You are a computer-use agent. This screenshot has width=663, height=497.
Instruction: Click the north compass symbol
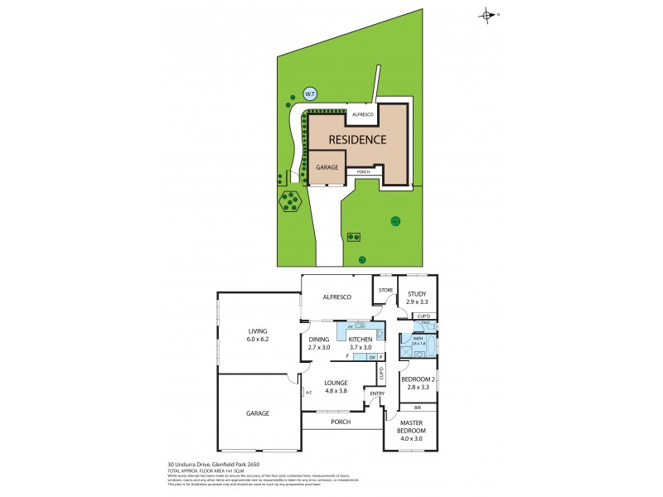[488, 14]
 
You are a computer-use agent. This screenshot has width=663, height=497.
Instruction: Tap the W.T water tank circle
[310, 94]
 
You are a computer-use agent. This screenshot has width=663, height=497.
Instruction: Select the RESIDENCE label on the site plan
[357, 139]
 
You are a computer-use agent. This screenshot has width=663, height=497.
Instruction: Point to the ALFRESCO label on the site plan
[363, 113]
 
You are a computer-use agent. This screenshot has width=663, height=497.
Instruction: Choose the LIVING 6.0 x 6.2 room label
[258, 335]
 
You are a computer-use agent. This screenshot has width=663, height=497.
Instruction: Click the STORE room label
[385, 290]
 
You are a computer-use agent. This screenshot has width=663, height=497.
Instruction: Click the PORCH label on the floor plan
[341, 422]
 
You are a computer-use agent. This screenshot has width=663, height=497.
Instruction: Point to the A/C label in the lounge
[308, 393]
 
